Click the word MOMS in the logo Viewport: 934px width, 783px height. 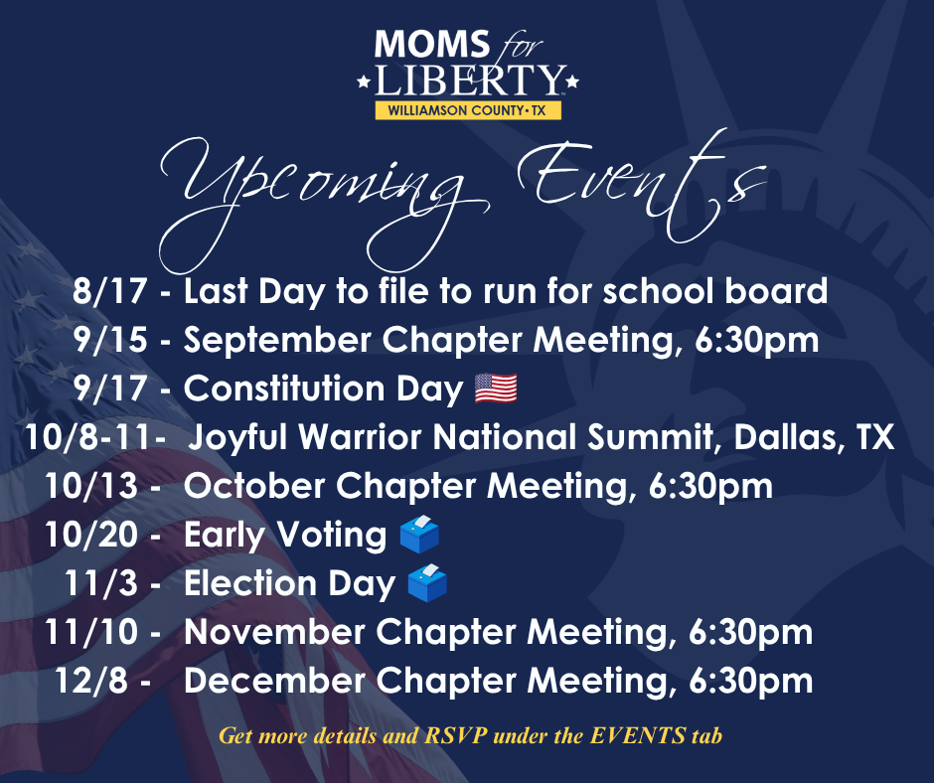point(432,44)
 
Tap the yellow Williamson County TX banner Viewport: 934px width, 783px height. point(468,110)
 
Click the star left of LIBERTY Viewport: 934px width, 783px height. point(364,81)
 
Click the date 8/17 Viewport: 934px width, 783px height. point(109,291)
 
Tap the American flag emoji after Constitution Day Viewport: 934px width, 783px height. point(496,389)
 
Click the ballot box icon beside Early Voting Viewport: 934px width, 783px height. point(419,534)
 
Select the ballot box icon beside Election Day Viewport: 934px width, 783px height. point(427,583)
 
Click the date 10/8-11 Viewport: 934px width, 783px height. point(88,437)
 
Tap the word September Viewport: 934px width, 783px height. point(277,341)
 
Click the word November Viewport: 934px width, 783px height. point(274,632)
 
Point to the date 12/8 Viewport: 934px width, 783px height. point(91,681)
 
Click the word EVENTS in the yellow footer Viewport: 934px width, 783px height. point(638,735)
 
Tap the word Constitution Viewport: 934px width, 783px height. point(284,389)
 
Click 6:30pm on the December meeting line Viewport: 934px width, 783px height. point(750,682)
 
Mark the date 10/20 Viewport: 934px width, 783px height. point(91,534)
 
